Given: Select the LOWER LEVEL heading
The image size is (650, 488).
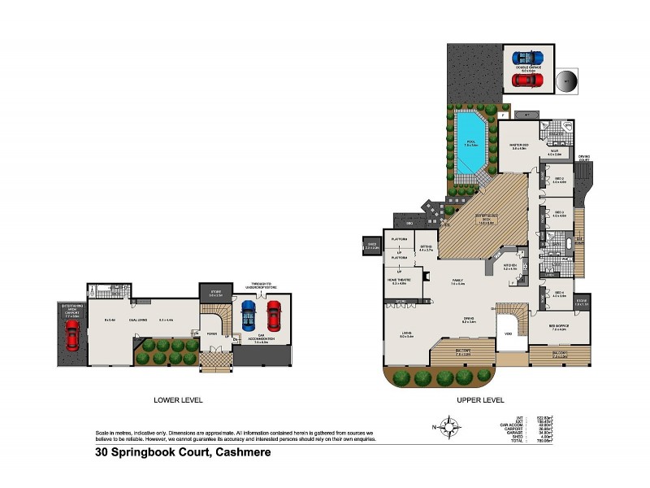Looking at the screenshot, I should (x=178, y=400).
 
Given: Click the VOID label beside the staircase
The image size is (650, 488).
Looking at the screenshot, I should (x=508, y=333).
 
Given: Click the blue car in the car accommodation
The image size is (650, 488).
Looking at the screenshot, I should (x=249, y=313).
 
